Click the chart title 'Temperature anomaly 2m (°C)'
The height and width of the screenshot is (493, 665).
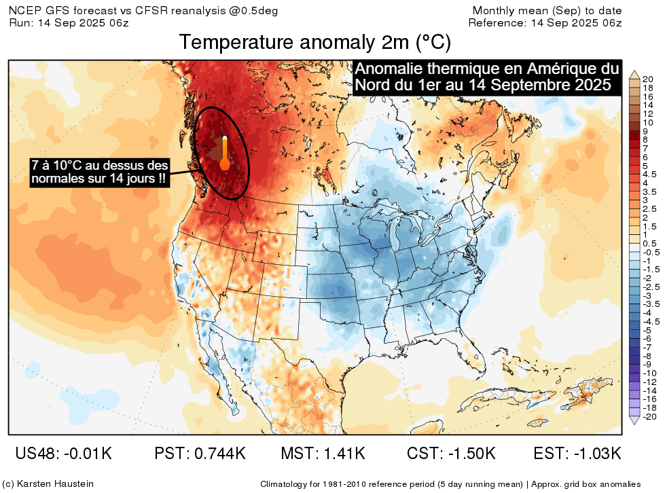pyautogui.click(x=315, y=43)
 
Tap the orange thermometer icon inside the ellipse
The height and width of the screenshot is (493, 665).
pyautogui.click(x=224, y=154)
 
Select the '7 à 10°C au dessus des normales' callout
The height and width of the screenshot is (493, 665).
pyautogui.click(x=99, y=172)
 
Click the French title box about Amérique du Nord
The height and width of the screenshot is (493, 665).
pyautogui.click(x=486, y=77)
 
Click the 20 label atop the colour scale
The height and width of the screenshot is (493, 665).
pyautogui.click(x=647, y=78)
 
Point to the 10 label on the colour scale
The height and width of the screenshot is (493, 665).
pyautogui.click(x=647, y=122)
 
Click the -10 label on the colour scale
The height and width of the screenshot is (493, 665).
pyautogui.click(x=648, y=373)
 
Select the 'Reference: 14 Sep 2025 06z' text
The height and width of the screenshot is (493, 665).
pyautogui.click(x=545, y=22)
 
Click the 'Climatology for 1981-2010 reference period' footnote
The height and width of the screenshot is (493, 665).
pyautogui.click(x=393, y=484)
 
